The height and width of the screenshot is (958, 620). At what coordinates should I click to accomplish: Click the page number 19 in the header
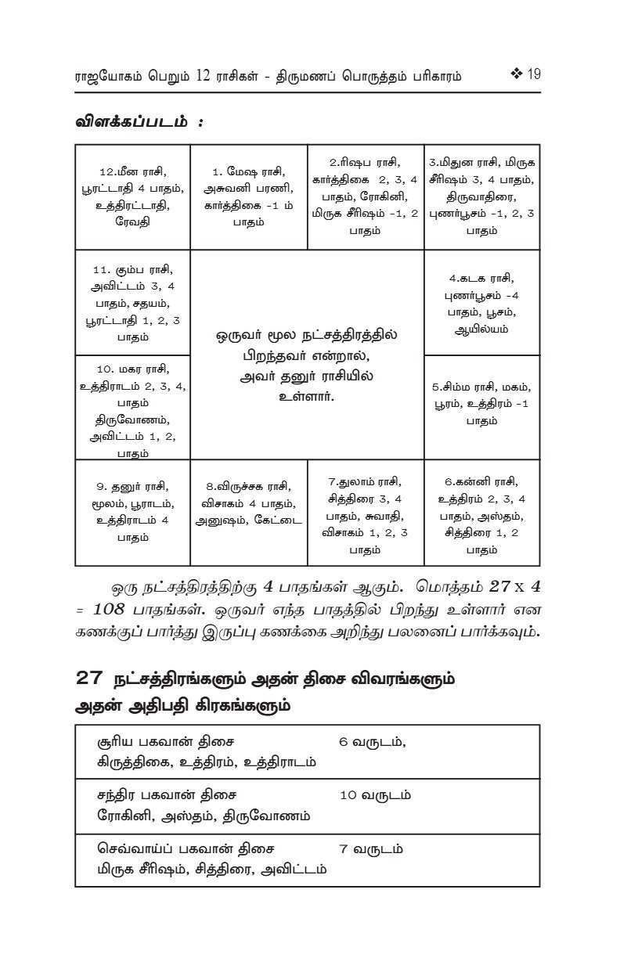(534, 76)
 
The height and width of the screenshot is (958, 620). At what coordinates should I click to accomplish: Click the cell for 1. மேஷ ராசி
(248, 196)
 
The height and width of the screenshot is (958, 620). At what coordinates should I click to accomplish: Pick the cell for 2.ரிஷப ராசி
(365, 196)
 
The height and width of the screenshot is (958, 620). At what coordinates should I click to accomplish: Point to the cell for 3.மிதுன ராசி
(481, 196)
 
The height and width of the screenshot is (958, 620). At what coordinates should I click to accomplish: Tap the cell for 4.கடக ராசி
(481, 302)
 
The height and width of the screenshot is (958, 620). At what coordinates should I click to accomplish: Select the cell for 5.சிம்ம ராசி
(481, 407)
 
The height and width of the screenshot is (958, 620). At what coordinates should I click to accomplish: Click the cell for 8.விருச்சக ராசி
(248, 512)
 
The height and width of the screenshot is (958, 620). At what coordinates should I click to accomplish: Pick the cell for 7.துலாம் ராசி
(365, 512)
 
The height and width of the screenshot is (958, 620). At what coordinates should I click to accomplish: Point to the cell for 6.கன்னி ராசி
(481, 512)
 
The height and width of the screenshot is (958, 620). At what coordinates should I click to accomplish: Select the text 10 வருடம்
(376, 795)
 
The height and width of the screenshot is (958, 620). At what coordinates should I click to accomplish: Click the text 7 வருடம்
(372, 848)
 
